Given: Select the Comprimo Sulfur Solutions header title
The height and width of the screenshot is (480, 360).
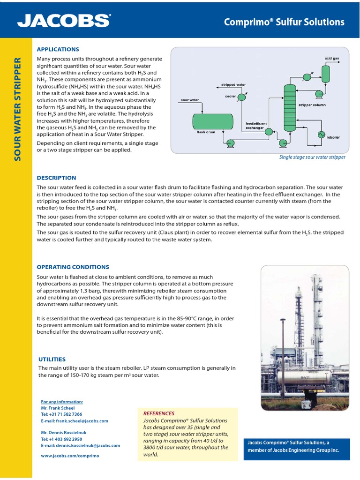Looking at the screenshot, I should pos(284,22).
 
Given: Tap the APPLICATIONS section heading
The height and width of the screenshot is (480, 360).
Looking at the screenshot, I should pos(58,49).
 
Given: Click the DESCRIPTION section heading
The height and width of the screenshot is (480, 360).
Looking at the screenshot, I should pos(56,178).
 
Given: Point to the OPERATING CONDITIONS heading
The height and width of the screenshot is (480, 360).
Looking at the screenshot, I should pos(73,267).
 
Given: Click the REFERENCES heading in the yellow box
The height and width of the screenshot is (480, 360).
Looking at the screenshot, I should pos(158,413).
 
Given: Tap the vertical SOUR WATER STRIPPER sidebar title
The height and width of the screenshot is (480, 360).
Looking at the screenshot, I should pos(18,109).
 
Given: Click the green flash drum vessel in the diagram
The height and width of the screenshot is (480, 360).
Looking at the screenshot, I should pos(213,121).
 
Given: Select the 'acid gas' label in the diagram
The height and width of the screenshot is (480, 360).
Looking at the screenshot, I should pos(331,59).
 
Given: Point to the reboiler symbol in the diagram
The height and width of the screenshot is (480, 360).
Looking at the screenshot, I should pos(322,135).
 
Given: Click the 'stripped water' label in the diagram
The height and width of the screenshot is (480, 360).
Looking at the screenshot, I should pos(233,85).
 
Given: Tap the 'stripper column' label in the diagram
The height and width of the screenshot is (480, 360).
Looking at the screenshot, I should pos(312,105).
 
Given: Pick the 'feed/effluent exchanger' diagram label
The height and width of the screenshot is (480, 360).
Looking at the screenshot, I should pos(256,125).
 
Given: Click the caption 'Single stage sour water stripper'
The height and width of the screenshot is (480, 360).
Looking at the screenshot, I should pos(312,157).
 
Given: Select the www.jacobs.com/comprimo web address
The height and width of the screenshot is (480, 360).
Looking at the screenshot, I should pos(70,456).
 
